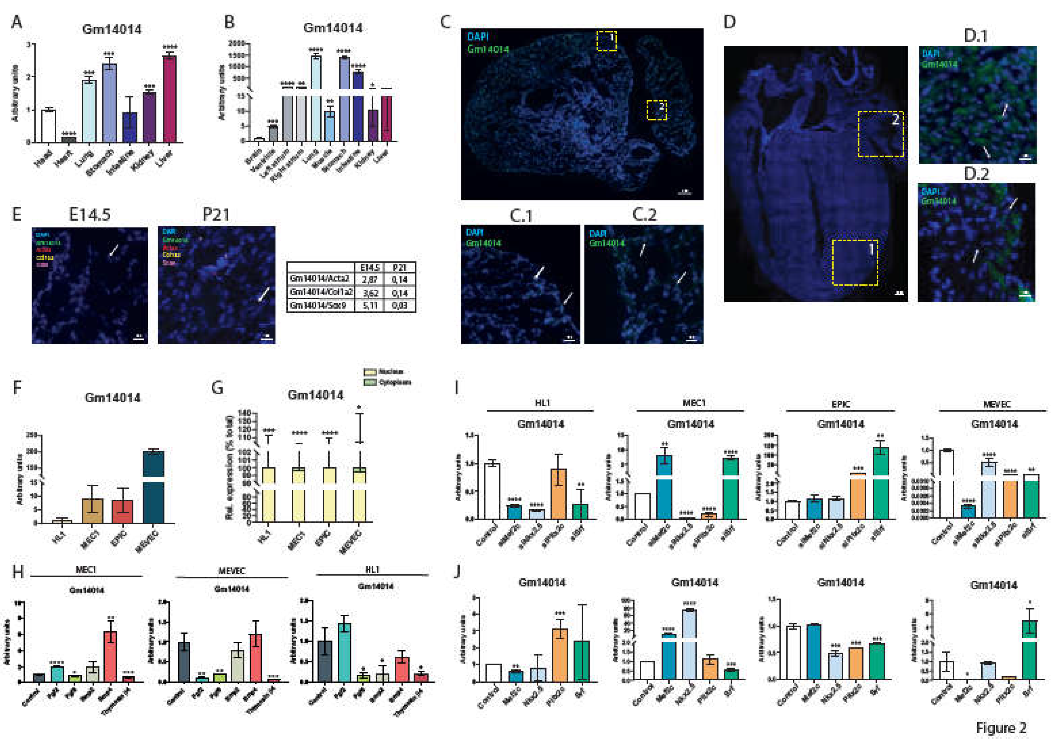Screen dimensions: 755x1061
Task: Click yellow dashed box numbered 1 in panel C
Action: (x=606, y=41)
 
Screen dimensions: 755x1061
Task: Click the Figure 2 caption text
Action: (x=1001, y=728)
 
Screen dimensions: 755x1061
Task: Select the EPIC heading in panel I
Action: (x=840, y=404)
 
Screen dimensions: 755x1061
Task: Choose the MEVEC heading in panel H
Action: (x=231, y=571)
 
